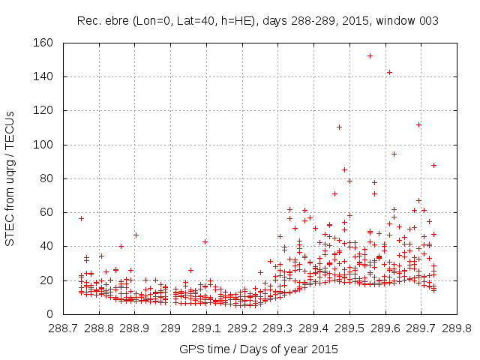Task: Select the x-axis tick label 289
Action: [171, 328]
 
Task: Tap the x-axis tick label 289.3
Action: [278, 328]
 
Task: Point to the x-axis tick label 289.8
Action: [457, 328]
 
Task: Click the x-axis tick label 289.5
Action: [349, 328]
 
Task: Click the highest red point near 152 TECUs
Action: [370, 55]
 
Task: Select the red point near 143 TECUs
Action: [389, 72]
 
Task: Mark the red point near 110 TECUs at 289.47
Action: [339, 127]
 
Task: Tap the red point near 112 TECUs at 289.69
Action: [418, 124]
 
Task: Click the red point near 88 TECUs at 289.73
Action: [433, 165]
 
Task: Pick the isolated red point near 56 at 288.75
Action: [81, 218]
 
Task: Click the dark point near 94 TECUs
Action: [394, 154]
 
